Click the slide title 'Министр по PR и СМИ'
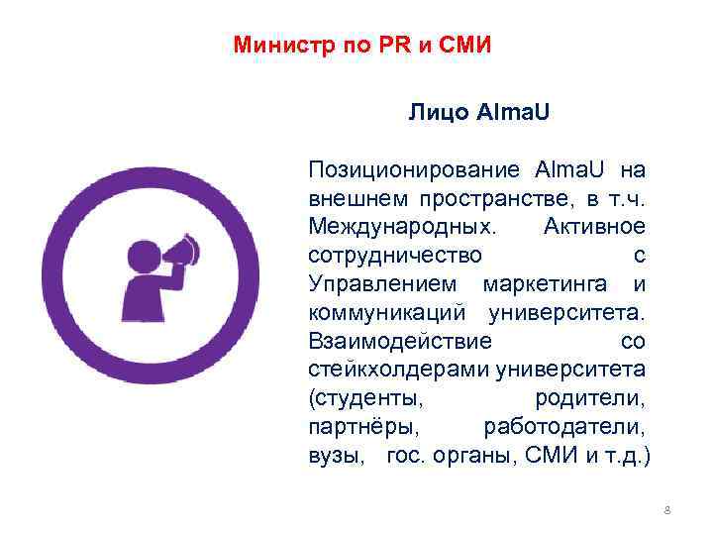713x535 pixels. pyautogui.click(x=361, y=46)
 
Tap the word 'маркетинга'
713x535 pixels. pyautogui.click(x=549, y=283)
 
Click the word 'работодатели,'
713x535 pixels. pyautogui.click(x=564, y=428)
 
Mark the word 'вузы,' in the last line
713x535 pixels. pyautogui.click(x=335, y=457)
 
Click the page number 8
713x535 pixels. pyautogui.click(x=666, y=510)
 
